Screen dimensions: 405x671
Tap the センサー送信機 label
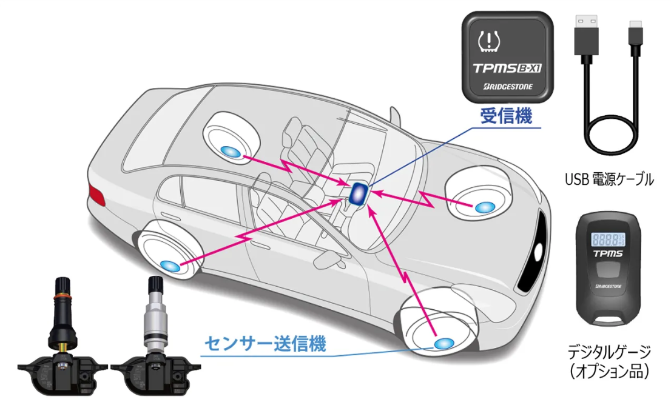click(x=265, y=345)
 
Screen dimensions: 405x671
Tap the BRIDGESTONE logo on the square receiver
click(x=508, y=87)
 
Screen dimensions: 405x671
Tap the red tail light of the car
click(x=95, y=195)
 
